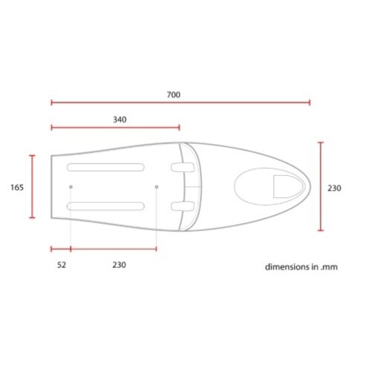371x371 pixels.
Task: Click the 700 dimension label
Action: pyautogui.click(x=174, y=95)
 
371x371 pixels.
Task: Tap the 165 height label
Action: pyautogui.click(x=17, y=188)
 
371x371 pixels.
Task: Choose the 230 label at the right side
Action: pyautogui.click(x=334, y=188)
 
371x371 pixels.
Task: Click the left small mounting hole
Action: pyautogui.click(x=70, y=186)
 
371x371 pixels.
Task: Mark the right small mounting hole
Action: pyautogui.click(x=157, y=186)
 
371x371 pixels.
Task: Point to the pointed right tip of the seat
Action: pyautogui.click(x=309, y=187)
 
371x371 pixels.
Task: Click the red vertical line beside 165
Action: pyautogui.click(x=32, y=187)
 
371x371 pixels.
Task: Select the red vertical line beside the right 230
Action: pyautogui.click(x=321, y=187)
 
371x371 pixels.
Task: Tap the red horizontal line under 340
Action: pyautogui.click(x=116, y=128)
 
